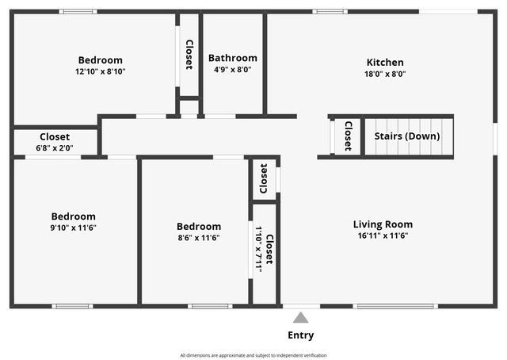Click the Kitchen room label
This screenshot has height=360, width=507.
point(385,62)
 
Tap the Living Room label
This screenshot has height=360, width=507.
point(383,224)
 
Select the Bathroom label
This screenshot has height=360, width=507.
point(233,58)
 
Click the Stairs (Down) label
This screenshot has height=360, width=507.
point(407,136)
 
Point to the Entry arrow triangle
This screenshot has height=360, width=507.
point(300,317)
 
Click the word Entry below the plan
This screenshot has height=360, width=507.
point(300,335)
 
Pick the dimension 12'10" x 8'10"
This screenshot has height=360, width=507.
point(101,71)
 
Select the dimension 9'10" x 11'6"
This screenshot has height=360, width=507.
point(74,228)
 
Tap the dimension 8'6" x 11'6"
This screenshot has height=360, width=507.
point(199,237)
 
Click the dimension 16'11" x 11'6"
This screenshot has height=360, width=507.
point(383,236)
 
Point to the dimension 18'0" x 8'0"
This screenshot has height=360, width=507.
point(385,74)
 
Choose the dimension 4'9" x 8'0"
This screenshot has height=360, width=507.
point(233,69)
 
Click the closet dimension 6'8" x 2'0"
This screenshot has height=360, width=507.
point(55,147)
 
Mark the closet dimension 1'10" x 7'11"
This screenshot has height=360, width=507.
point(259,249)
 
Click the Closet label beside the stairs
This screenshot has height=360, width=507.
point(348,136)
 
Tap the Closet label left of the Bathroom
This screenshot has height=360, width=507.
point(189,55)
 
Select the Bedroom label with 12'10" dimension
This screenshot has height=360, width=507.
point(101,60)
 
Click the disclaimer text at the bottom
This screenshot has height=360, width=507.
point(253,355)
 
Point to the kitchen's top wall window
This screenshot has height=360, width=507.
point(330,11)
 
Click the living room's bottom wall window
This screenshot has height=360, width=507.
point(395,306)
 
